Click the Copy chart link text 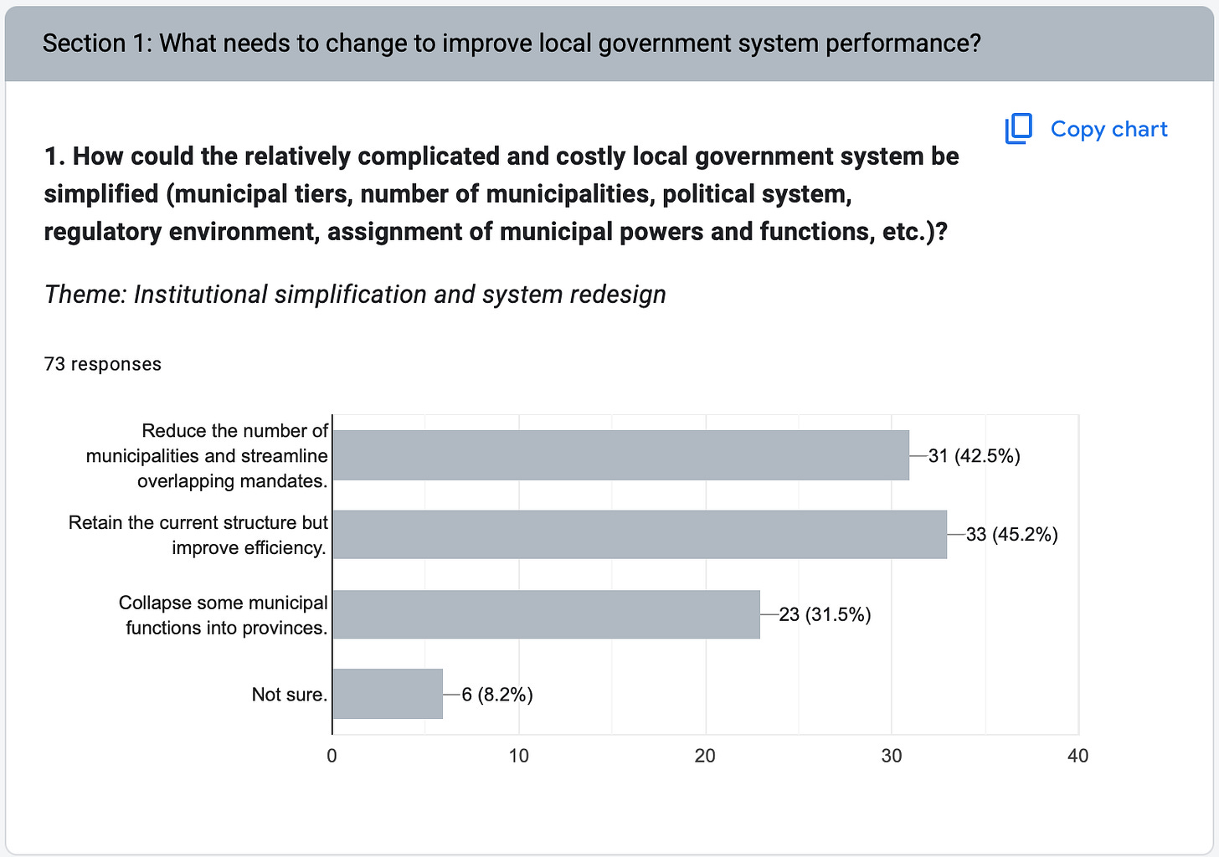coord(1108,129)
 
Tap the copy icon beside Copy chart coord(1019,129)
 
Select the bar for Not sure coord(388,694)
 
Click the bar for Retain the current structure coord(640,534)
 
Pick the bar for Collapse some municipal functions coord(546,614)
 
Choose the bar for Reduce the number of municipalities coord(620,455)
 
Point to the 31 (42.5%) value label coord(974,456)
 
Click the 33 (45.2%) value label coord(1011,535)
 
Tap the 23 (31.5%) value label coord(825,615)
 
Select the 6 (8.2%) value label coord(497,695)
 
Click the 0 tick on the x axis coord(332,756)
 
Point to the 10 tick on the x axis coord(519,756)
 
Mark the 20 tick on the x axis coord(705,756)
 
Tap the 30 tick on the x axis coord(892,756)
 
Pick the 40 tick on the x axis coord(1078,756)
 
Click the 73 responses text coord(103,364)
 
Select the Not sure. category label coord(290,695)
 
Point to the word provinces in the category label coord(284,628)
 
